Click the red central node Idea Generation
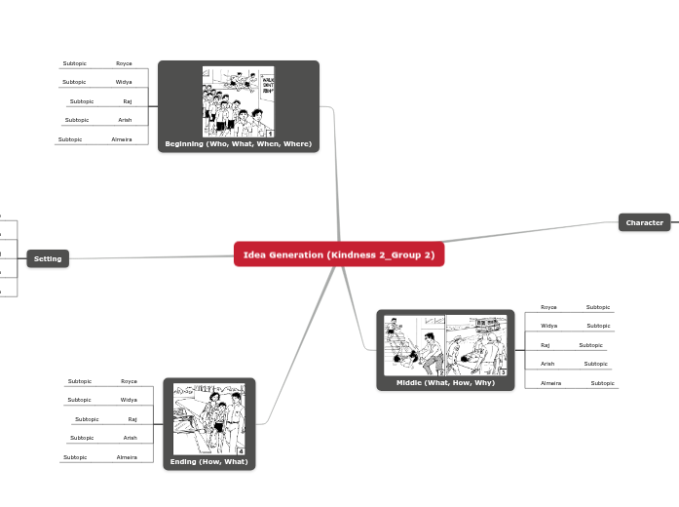339,254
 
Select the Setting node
48,258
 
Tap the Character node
644,222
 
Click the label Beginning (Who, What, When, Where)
239,144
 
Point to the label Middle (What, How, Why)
445,382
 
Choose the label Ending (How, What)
208,461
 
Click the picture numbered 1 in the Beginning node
239,101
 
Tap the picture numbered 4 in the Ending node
208,418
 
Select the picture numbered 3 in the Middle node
477,345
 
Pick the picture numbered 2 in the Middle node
415,345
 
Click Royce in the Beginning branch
124,63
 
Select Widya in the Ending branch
129,400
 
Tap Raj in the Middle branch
546,345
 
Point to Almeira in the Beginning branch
122,139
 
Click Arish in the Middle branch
547,364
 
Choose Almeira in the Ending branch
127,456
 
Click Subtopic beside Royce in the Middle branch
598,307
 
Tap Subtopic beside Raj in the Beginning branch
82,101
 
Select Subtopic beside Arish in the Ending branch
82,438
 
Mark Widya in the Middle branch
549,326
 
